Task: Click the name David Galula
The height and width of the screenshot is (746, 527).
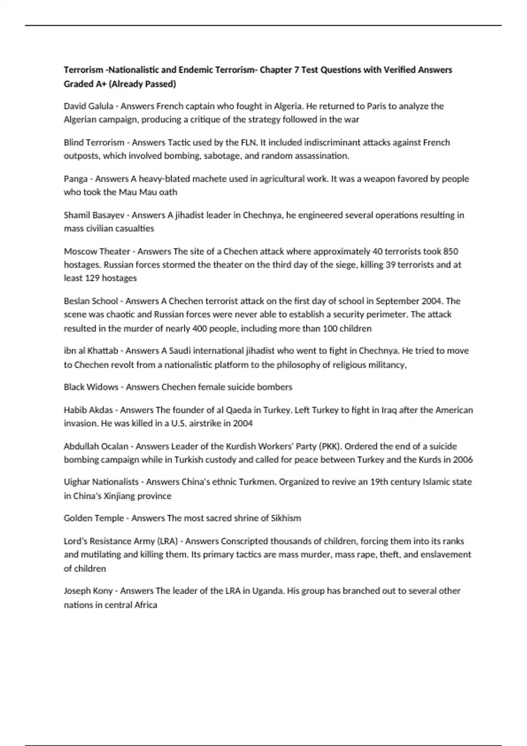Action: coord(88,106)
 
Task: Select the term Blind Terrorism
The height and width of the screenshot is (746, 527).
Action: coord(94,143)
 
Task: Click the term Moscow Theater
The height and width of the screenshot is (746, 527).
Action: coord(97,251)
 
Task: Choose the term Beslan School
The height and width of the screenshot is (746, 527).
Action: coord(91,301)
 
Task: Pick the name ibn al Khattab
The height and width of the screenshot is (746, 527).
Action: coord(91,351)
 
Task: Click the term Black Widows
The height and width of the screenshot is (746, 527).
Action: coord(91,387)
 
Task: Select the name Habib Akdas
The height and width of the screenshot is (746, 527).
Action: coord(88,410)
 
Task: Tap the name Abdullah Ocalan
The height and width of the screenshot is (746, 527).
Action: coord(96,446)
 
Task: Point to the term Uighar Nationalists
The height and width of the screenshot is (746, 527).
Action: coord(101,482)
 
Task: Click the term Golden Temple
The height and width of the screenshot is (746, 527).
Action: coord(94,518)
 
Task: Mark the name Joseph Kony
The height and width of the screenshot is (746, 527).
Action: coord(88,591)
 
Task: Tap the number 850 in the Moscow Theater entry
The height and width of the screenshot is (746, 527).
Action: coord(451,251)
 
